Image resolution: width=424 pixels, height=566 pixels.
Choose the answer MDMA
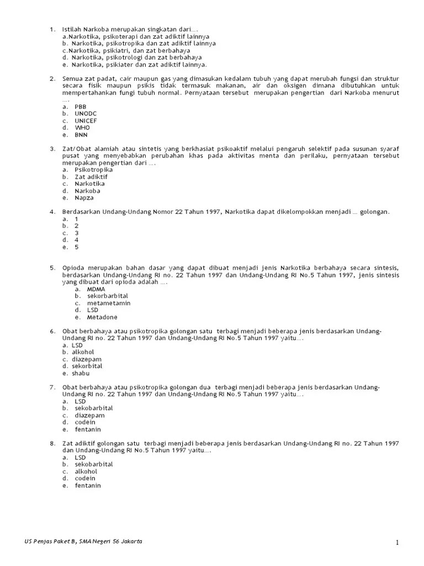click(96, 289)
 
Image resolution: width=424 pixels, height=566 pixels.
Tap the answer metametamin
click(109, 303)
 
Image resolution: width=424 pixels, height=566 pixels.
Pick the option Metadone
click(102, 317)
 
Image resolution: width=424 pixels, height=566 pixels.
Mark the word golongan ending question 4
click(374, 212)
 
